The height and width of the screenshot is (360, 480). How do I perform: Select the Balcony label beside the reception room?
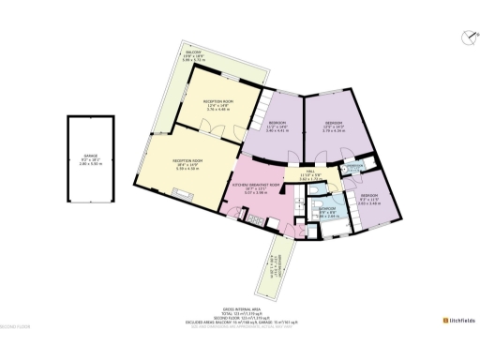(x=192, y=56)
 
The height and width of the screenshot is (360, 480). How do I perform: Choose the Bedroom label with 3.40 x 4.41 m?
(x=278, y=127)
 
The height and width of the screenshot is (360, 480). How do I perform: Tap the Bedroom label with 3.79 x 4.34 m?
(x=335, y=127)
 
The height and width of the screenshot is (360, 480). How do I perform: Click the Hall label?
(x=310, y=175)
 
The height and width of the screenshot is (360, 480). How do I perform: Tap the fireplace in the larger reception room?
(x=186, y=197)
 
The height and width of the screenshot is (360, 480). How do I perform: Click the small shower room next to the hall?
(x=353, y=168)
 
